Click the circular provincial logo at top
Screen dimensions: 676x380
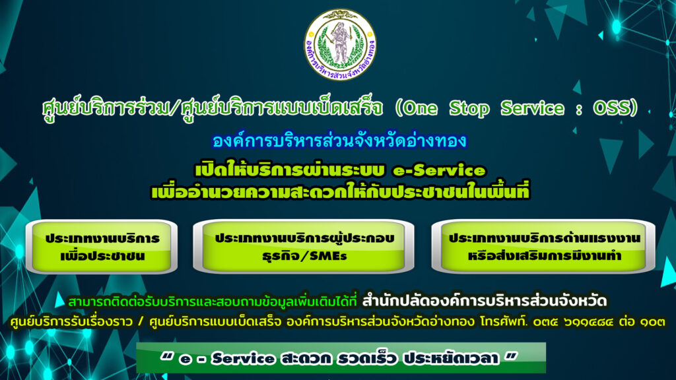340,44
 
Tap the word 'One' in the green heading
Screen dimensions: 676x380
421,108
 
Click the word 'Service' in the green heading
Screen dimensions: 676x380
532,108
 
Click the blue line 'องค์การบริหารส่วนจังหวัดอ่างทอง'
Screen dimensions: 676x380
339,141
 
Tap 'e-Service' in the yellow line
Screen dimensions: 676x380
439,171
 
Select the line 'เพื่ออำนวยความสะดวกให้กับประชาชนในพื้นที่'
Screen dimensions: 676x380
340,192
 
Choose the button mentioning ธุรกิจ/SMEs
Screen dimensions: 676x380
304,247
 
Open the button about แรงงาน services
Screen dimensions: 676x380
543,247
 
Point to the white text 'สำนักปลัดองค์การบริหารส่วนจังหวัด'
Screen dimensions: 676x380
485,301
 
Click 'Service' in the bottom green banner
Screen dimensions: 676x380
243,358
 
